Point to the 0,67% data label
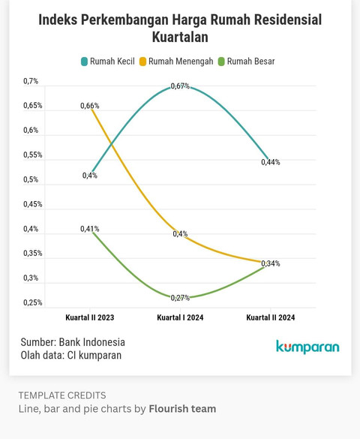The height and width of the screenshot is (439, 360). point(180,86)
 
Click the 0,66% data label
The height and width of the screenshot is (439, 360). point(90,106)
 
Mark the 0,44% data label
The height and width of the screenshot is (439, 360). point(271,162)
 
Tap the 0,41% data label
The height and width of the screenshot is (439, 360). point(90,229)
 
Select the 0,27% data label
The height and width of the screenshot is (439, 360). point(180,298)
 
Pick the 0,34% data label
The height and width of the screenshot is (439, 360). point(271,263)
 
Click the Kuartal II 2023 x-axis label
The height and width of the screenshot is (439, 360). point(90,317)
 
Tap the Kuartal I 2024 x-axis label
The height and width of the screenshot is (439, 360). point(180,317)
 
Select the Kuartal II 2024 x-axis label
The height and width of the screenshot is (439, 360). point(271,317)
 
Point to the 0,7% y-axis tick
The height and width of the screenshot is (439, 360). point(31,81)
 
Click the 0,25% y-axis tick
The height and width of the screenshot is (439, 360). point(32,302)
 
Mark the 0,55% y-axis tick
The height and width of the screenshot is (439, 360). point(32,155)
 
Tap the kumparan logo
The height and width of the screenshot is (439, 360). point(307,347)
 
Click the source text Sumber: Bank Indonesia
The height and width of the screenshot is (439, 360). point(73,342)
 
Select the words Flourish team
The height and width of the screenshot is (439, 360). point(182,409)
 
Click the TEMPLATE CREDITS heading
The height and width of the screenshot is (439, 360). point(62,395)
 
